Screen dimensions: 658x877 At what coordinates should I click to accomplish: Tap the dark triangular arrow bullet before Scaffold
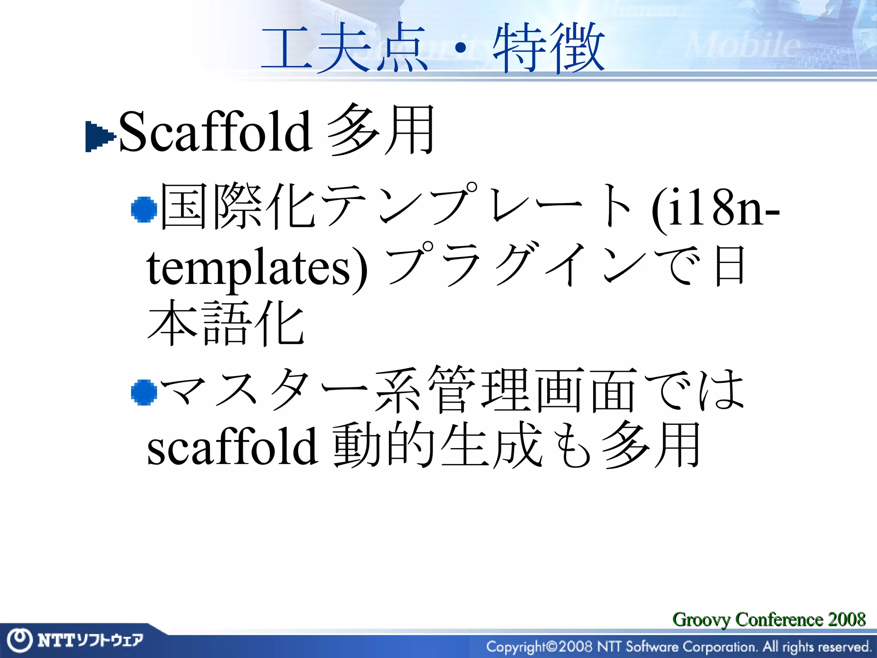click(99, 137)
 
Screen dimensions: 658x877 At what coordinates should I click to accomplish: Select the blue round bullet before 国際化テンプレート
click(144, 209)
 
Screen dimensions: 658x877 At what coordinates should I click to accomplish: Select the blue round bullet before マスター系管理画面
click(144, 392)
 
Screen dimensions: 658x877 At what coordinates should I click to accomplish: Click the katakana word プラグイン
click(516, 266)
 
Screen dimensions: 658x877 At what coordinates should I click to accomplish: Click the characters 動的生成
click(437, 446)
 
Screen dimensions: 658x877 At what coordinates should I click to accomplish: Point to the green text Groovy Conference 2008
click(769, 619)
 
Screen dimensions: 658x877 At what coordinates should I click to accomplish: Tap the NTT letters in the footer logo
click(56, 640)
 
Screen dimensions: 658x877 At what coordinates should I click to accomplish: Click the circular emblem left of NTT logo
click(19, 640)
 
